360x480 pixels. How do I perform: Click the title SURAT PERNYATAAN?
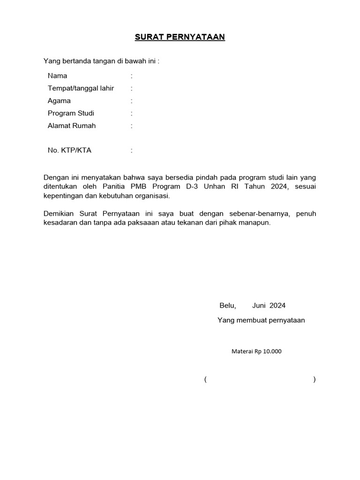pos(180,37)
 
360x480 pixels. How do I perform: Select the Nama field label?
pos(57,76)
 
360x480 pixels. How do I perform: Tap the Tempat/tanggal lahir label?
pos(81,88)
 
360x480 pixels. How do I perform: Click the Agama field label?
pos(59,101)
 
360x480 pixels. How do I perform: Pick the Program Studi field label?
pos(71,113)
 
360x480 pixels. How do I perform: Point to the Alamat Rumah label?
pos(71,126)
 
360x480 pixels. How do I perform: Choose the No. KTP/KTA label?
pos(69,150)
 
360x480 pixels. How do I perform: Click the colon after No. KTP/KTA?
pos(132,151)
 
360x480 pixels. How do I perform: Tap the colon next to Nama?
pos(132,76)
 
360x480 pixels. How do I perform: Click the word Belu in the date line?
pos(227,306)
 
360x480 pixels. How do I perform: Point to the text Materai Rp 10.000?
pos(256,351)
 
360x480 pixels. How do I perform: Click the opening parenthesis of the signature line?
pos(205,380)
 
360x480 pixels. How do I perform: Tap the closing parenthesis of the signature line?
pos(315,380)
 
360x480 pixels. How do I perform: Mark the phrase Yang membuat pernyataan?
pos(261,321)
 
